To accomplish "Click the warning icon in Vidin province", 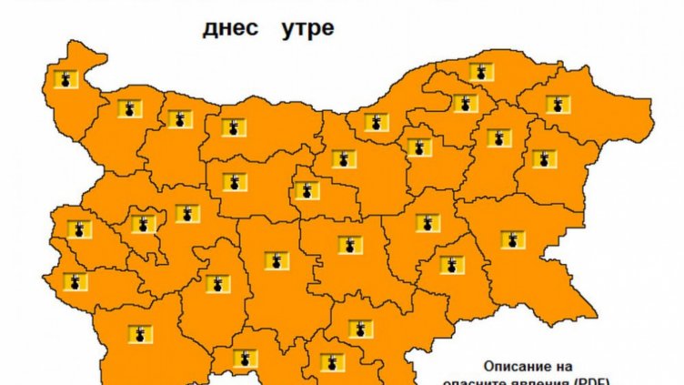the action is tap(65, 79).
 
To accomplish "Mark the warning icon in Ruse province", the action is tap(374, 122).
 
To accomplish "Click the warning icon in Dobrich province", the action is tap(558, 103).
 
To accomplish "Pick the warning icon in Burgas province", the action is tap(513, 239).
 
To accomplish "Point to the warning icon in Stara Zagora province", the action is tap(349, 244).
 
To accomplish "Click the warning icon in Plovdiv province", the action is tap(277, 260).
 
